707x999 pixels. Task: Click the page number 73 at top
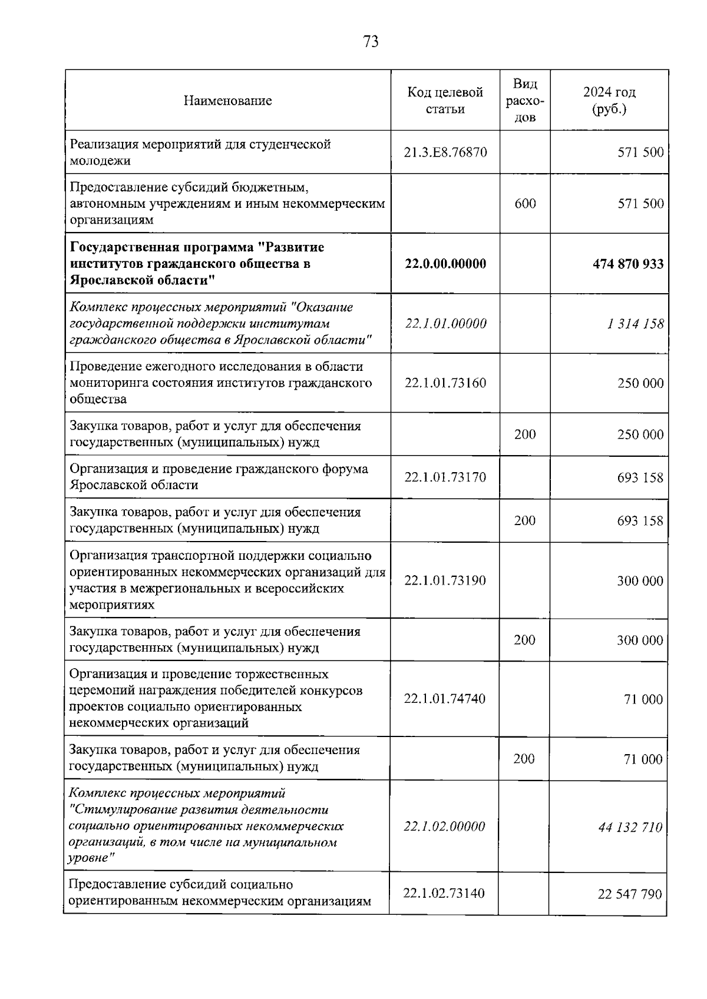point(371,42)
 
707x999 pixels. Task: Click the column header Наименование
point(227,101)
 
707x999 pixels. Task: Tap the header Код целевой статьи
point(445,101)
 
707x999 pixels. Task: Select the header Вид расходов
point(525,101)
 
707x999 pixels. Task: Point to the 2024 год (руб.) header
point(609,101)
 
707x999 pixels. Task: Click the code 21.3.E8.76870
point(445,152)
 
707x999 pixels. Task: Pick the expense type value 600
point(525,204)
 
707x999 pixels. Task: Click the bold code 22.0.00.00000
point(445,264)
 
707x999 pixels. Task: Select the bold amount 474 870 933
point(627,264)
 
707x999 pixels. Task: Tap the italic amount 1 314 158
point(635,324)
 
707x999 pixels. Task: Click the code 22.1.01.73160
point(445,383)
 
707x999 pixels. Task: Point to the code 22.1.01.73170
point(445,477)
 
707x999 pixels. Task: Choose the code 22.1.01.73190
point(445,581)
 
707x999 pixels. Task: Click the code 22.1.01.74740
point(445,699)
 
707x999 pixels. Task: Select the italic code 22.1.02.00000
point(444,827)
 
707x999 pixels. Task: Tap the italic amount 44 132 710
point(630,827)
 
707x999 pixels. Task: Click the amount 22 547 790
point(630,894)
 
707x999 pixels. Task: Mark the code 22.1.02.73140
point(444,894)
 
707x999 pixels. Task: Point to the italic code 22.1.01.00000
point(445,324)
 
